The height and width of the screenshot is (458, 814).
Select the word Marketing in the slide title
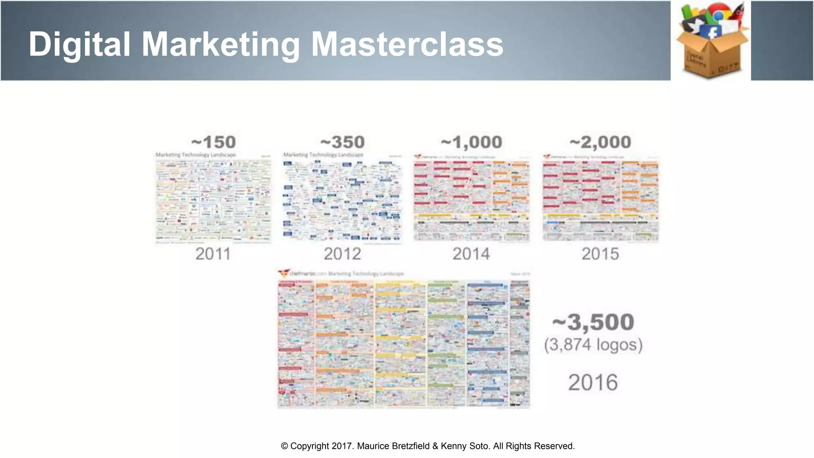tap(221, 45)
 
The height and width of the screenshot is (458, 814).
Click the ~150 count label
tap(213, 142)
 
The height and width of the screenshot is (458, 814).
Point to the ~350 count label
tap(342, 142)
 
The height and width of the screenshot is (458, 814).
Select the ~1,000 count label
tap(471, 142)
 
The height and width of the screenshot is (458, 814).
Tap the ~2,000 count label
tap(600, 142)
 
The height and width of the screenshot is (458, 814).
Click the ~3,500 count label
tap(593, 322)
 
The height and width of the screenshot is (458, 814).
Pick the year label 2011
tap(213, 254)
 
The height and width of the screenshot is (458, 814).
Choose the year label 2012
tap(342, 254)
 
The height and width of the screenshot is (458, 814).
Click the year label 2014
tap(471, 254)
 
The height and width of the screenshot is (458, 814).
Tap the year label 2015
tap(600, 254)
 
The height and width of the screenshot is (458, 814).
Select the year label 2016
tap(593, 382)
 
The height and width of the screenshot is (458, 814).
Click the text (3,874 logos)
tap(593, 345)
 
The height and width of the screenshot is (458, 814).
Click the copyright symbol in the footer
tap(285, 446)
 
